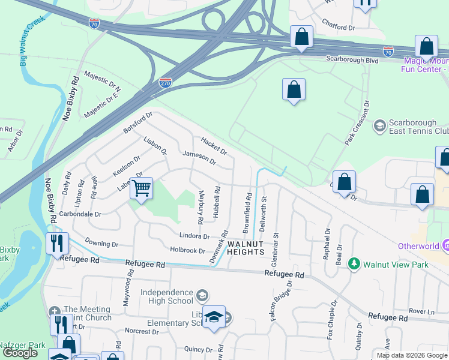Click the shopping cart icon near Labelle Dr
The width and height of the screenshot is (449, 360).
click(141, 188)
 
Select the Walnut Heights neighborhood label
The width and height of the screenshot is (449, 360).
click(246, 247)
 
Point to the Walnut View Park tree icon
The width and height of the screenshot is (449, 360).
click(354, 264)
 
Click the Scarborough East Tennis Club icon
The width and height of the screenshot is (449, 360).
click(379, 125)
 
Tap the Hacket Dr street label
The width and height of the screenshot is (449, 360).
click(214, 145)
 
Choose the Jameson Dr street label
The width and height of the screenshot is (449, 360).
click(199, 158)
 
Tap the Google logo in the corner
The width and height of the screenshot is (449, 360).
click(20, 353)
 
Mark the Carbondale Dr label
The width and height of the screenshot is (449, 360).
click(80, 214)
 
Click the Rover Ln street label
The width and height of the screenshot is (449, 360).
click(421, 311)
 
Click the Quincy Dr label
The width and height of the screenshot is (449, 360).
click(195, 349)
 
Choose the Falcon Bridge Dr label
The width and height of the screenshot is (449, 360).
click(281, 300)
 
